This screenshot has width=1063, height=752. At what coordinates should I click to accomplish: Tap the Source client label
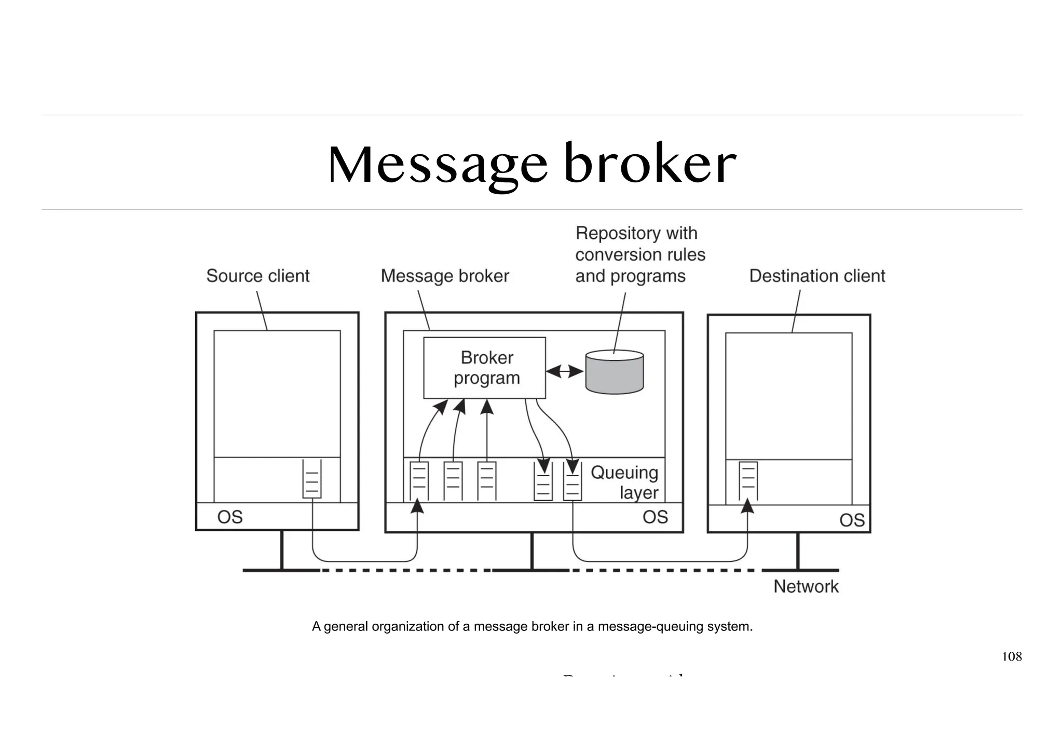[257, 276]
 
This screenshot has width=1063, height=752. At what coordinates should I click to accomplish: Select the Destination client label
[817, 276]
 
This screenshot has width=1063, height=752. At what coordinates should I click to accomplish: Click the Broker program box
[484, 368]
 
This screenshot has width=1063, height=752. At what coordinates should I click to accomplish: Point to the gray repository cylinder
[615, 372]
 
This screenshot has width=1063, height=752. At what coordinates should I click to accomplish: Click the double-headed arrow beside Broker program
[565, 371]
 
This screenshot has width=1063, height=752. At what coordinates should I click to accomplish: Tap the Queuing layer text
[625, 482]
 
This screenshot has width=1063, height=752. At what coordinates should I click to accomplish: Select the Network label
[806, 586]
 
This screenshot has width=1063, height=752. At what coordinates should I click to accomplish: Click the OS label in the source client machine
[229, 517]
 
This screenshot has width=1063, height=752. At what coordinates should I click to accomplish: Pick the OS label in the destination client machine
[852, 520]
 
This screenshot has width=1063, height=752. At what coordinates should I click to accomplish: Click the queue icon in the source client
[312, 479]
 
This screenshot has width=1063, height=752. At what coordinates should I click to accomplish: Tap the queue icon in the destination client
[748, 481]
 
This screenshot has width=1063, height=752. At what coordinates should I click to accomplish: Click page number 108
[1011, 656]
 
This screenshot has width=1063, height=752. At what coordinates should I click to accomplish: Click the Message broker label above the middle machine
[445, 276]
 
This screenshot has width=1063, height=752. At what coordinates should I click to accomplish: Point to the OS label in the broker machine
[655, 517]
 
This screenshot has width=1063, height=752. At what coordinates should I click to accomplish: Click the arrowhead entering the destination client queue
[747, 505]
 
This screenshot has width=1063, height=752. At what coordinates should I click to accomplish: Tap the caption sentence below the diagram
[532, 626]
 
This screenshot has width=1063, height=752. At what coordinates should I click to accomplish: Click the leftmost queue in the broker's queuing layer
[419, 481]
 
